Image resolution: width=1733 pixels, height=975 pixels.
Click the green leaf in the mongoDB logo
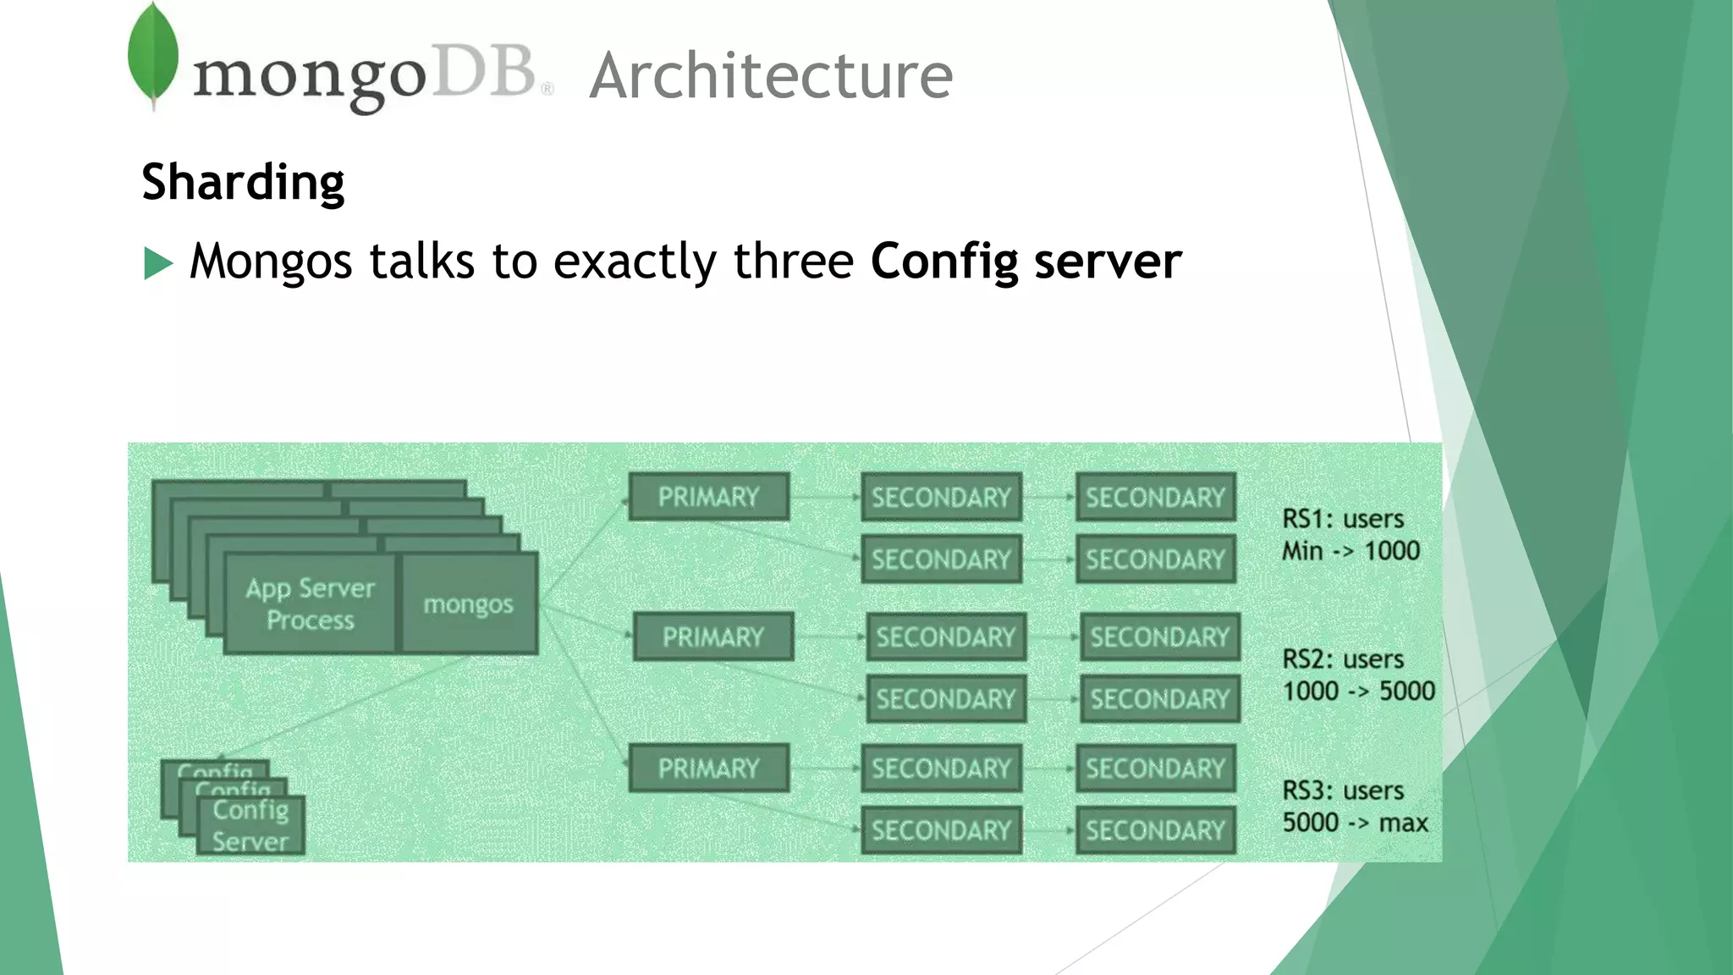[x=153, y=56]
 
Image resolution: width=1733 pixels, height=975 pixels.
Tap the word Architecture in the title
[x=771, y=76]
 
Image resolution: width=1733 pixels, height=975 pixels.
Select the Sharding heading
[x=243, y=182]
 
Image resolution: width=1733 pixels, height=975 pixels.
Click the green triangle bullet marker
[x=158, y=263]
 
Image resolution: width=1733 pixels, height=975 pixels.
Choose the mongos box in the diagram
[x=469, y=604]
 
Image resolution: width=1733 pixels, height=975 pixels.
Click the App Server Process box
[x=310, y=604]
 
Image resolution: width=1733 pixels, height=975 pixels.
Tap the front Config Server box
[x=250, y=825]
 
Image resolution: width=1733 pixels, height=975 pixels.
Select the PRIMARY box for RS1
[x=709, y=497]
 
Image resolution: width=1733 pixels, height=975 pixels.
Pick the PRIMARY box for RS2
[x=713, y=636]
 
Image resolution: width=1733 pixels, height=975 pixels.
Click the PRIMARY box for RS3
[x=709, y=768]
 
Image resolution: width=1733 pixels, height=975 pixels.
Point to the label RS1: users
[x=1343, y=519]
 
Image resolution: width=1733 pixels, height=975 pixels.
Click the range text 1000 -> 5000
[x=1358, y=691]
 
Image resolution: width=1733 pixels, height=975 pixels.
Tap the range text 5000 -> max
[x=1355, y=823]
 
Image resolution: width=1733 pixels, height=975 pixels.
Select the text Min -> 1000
[x=1351, y=551]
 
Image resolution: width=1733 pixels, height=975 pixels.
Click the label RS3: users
[x=1343, y=790]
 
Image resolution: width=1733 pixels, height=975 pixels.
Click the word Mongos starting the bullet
[x=271, y=262]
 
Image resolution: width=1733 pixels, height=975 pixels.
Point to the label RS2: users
[x=1343, y=659]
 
